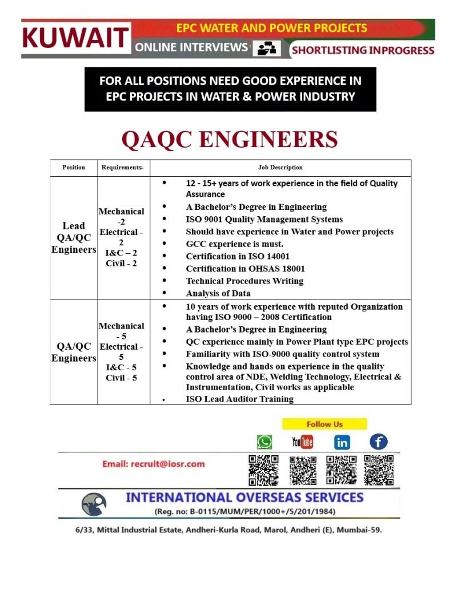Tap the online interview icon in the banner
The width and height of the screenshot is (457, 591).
pyautogui.click(x=267, y=49)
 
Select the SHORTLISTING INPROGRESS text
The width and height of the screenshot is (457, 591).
pyautogui.click(x=363, y=50)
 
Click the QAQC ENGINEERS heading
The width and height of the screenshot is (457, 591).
pyautogui.click(x=230, y=139)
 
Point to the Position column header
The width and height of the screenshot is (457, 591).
pyautogui.click(x=74, y=167)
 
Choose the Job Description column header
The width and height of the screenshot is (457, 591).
pyautogui.click(x=280, y=167)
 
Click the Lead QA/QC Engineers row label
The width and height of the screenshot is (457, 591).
pyautogui.click(x=74, y=237)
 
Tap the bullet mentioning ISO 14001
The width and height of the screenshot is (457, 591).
pyautogui.click(x=237, y=256)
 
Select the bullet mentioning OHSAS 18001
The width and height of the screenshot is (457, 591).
pyautogui.click(x=245, y=268)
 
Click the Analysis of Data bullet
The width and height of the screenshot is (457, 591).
pyautogui.click(x=218, y=293)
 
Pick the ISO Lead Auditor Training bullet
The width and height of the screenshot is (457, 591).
pyautogui.click(x=239, y=399)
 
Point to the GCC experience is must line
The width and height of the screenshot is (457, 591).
pyautogui.click(x=234, y=244)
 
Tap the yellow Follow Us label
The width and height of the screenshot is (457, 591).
pyautogui.click(x=324, y=424)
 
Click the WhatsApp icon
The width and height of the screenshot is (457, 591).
pyautogui.click(x=264, y=442)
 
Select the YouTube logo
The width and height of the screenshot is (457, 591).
pyautogui.click(x=302, y=442)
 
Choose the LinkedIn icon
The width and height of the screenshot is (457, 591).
pyautogui.click(x=342, y=442)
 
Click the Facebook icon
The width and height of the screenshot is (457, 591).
pyautogui.click(x=378, y=441)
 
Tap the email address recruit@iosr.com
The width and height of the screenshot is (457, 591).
pyautogui.click(x=153, y=464)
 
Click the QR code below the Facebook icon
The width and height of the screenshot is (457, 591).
pyautogui.click(x=379, y=470)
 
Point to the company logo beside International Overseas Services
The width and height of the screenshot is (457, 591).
pyautogui.click(x=94, y=504)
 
